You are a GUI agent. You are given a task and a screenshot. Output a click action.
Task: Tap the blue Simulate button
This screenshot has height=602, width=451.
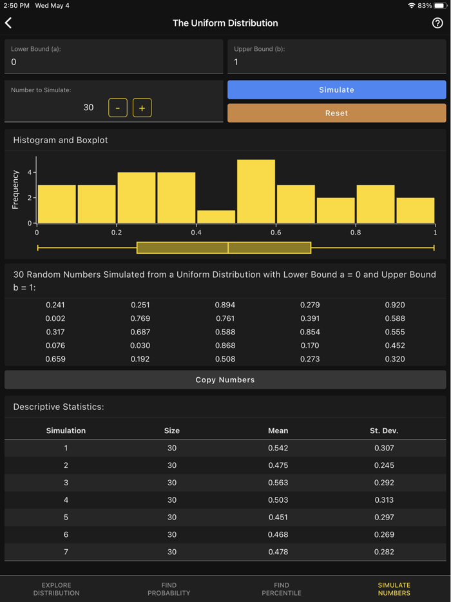(336, 90)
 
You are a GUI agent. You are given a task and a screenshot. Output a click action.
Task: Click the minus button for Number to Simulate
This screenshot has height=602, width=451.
(118, 108)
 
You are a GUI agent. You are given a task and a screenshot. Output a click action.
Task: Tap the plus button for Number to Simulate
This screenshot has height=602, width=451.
(142, 108)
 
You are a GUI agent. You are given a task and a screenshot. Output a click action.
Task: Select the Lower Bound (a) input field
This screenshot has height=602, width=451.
(113, 62)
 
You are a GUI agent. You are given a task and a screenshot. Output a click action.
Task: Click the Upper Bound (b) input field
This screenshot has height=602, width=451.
(336, 62)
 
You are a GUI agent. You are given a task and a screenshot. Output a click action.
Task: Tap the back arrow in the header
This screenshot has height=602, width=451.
(9, 23)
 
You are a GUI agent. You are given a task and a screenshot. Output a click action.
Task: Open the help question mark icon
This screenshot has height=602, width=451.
(437, 23)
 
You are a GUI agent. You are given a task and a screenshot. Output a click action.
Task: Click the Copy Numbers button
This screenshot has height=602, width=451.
(225, 380)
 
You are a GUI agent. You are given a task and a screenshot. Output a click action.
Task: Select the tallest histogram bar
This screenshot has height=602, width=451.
(256, 191)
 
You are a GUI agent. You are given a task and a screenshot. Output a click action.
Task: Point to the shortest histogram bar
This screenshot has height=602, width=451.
(216, 217)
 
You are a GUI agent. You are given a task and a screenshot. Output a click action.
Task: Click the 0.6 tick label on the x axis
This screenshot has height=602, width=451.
(276, 233)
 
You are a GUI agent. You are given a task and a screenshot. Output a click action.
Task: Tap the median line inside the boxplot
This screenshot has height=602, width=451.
(228, 248)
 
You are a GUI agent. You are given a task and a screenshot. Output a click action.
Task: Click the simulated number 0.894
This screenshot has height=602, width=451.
(225, 305)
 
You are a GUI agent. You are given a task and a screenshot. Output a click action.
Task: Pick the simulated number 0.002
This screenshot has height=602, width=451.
(55, 318)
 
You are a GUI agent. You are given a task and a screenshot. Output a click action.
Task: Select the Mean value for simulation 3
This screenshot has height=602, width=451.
(278, 483)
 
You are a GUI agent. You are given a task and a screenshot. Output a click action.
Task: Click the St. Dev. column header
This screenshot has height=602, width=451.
(383, 431)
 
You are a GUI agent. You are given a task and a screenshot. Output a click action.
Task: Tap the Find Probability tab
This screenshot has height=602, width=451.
(169, 589)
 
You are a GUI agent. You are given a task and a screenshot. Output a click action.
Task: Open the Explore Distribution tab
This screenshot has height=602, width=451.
(56, 589)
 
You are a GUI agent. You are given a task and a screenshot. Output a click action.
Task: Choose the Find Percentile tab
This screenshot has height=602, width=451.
(282, 589)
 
